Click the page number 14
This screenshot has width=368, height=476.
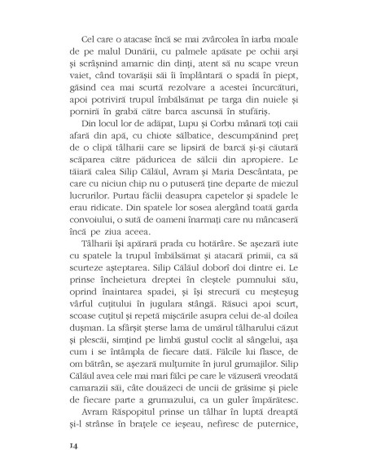(56, 447)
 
